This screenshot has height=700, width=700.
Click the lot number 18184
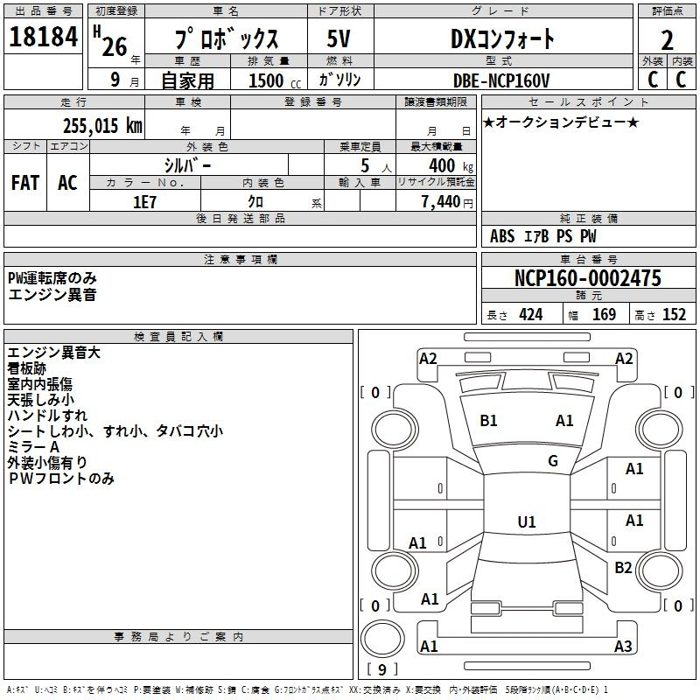point(43,37)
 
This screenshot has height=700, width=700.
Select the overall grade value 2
point(667,40)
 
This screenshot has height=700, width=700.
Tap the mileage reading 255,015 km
point(102,126)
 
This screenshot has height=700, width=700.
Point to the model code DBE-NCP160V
point(501,80)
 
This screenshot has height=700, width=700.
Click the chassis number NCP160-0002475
point(588,278)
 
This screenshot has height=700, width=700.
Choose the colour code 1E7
point(144,202)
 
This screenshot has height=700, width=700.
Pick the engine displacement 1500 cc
point(275,80)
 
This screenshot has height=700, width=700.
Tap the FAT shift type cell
point(25,183)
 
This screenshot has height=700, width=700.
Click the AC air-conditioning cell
point(67,183)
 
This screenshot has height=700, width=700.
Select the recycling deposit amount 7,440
point(441,202)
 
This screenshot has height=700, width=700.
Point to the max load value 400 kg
point(451,166)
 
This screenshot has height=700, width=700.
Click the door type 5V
point(339,38)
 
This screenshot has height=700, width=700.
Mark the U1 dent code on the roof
point(527,521)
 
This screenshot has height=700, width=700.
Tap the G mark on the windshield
point(553,461)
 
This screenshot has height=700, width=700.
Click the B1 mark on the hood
point(488,421)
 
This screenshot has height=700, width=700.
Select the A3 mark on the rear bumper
point(623,646)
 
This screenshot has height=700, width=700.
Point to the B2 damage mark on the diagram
point(623,567)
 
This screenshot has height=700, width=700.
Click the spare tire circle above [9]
point(382,638)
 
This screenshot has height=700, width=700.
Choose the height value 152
point(674,314)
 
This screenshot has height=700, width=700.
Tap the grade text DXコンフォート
point(502,38)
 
